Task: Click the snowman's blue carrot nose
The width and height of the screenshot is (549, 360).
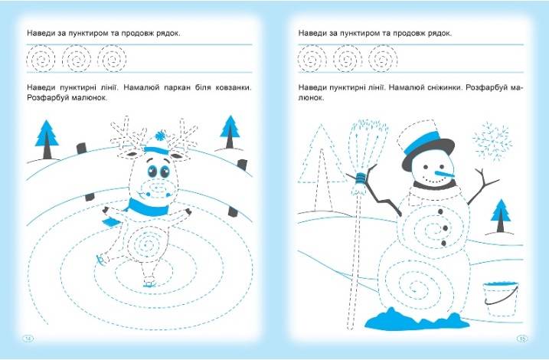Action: coord(444,174)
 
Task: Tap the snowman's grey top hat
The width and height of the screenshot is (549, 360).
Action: coord(428,146)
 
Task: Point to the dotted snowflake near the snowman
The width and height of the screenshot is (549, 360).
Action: coord(492,141)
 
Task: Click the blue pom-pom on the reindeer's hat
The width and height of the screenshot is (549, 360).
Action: coord(161,135)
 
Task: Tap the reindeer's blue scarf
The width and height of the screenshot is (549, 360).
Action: coord(147,208)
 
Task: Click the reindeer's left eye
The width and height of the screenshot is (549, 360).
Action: coord(152,171)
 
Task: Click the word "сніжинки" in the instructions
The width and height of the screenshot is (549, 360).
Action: coord(444,87)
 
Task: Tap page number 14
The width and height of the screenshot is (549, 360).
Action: coord(28,339)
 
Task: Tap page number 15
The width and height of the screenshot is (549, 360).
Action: coord(521,339)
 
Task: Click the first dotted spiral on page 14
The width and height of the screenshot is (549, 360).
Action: coord(41,58)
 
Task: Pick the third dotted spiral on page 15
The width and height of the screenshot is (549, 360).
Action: coord(383,58)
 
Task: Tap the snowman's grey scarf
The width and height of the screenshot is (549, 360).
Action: coord(434,185)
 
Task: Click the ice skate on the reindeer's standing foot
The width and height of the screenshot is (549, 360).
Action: coord(150,284)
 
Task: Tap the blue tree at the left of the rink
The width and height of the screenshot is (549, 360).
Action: coord(47,139)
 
